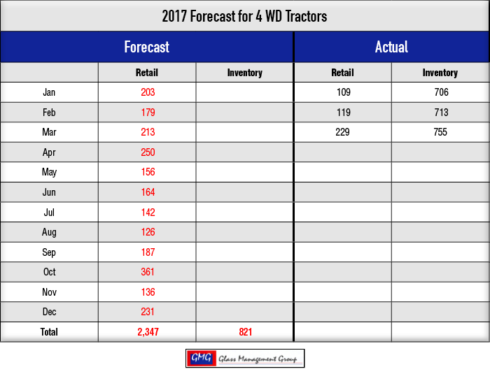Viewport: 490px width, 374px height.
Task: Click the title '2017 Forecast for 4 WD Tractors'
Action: tap(244, 16)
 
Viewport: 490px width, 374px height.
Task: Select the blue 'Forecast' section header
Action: tap(146, 47)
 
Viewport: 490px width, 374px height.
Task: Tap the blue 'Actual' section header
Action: tap(391, 47)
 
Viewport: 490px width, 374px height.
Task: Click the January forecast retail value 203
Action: tap(148, 92)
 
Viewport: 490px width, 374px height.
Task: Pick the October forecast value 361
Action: tap(148, 272)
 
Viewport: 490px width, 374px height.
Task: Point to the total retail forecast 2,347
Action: tap(148, 332)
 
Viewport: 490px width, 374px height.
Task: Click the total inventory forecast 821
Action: tap(245, 332)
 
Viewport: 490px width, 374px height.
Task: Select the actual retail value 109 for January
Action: tap(344, 92)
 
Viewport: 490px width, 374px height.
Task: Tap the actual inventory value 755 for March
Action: tap(440, 132)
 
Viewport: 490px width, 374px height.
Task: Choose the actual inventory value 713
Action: tap(441, 113)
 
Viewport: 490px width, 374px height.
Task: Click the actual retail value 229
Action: tap(342, 132)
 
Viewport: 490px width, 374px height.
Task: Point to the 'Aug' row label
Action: tap(49, 232)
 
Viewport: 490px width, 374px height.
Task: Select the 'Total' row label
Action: tap(49, 332)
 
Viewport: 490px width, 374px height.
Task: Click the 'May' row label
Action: tap(49, 173)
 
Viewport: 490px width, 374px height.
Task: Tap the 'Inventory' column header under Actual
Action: tap(440, 73)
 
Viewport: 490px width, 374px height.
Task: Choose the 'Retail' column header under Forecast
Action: tap(146, 73)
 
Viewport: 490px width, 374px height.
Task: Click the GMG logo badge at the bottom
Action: tap(202, 358)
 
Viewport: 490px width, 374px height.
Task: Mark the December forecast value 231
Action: tap(148, 312)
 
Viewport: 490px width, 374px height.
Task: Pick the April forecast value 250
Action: tap(148, 152)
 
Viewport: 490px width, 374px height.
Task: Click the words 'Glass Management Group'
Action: tap(258, 359)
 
